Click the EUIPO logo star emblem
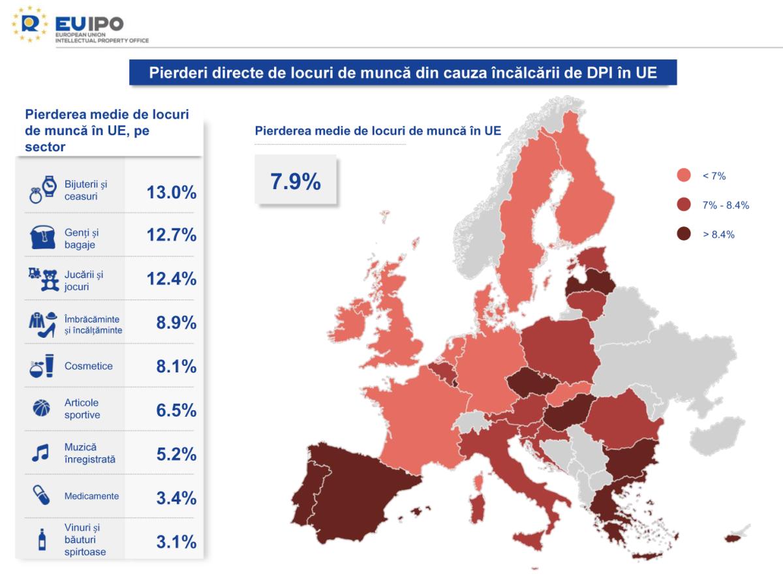28,24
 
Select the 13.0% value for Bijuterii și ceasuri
172,192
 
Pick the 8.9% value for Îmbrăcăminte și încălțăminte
176,323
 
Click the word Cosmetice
88,366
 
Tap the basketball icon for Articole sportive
41,408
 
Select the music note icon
40,453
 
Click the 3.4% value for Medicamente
176,498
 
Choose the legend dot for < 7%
684,175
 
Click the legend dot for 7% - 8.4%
684,205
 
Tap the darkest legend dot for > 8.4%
684,234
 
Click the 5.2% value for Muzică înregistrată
176,454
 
